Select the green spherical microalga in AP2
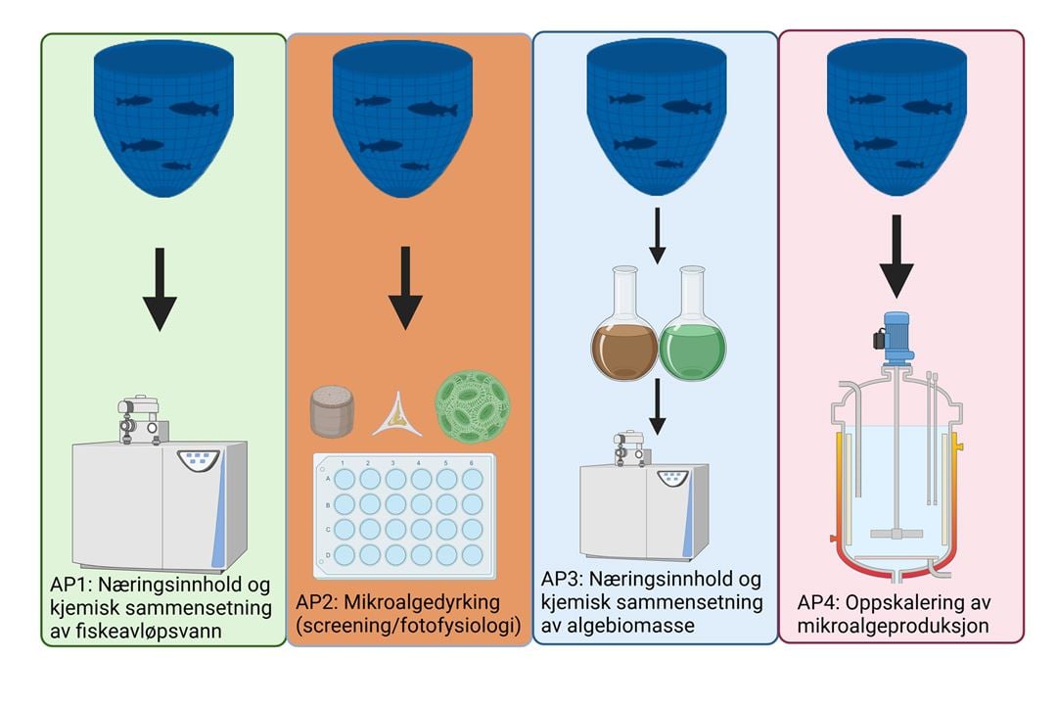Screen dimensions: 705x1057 coord(474,404)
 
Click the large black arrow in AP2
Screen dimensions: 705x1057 coord(404,289)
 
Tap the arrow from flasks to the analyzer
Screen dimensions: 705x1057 coord(658,407)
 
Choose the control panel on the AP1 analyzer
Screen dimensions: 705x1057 coord(199,459)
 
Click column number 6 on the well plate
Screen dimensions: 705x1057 coord(473,462)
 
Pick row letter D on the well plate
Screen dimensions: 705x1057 coord(326,554)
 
